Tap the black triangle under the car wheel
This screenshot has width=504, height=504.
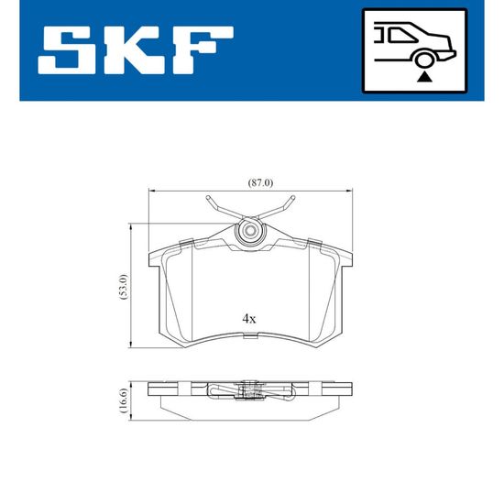pyautogui.click(x=424, y=78)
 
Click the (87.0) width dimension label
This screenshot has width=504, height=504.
pyautogui.click(x=260, y=183)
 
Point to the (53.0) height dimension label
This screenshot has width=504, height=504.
pyautogui.click(x=124, y=287)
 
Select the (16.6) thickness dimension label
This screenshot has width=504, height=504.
pyautogui.click(x=124, y=400)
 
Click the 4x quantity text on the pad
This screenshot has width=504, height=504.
pyautogui.click(x=249, y=319)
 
